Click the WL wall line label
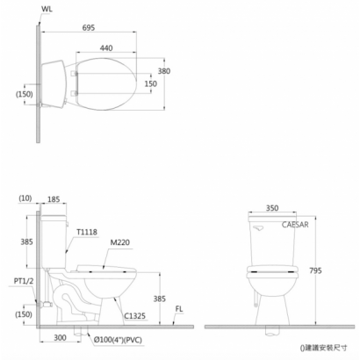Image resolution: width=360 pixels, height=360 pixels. pos(47,9)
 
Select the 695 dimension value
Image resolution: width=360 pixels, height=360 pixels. pos(89,27)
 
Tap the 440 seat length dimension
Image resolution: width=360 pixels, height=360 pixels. pos(106,47)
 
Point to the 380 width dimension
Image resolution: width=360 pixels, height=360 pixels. pos(164,71)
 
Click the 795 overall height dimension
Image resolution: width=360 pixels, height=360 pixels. pos(315,270)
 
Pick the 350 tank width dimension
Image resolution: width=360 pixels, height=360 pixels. pos(272,208)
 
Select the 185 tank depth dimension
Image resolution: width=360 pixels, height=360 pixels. pos(54,199)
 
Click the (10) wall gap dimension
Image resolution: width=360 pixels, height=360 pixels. pos(25,198)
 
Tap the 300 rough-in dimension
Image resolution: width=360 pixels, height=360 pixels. pos(60,338)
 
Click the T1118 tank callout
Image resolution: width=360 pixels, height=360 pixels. pos(87,232)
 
